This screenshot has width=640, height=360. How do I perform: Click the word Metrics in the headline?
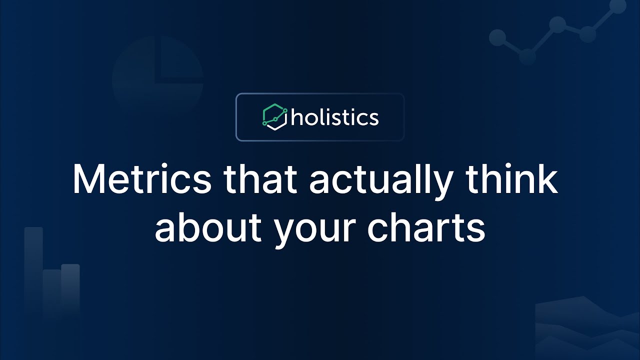coord(142,179)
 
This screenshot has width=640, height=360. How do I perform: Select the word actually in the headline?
coord(381,183)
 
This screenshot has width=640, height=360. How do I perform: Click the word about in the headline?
coord(208,227)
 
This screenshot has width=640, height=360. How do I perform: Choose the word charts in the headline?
coord(426,227)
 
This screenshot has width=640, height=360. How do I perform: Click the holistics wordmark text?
coord(334,117)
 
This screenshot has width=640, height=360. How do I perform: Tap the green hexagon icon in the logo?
coord(275,117)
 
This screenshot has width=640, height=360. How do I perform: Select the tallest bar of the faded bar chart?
coord(33,271)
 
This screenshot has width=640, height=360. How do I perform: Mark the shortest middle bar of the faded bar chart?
coord(52,293)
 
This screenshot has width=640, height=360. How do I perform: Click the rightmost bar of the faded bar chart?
coord(70,290)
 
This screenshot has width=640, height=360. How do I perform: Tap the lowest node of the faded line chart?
coord(527,56)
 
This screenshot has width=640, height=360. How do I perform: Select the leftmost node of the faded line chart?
coord(497,37)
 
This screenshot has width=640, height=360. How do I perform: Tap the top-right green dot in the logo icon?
coord(285,110)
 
